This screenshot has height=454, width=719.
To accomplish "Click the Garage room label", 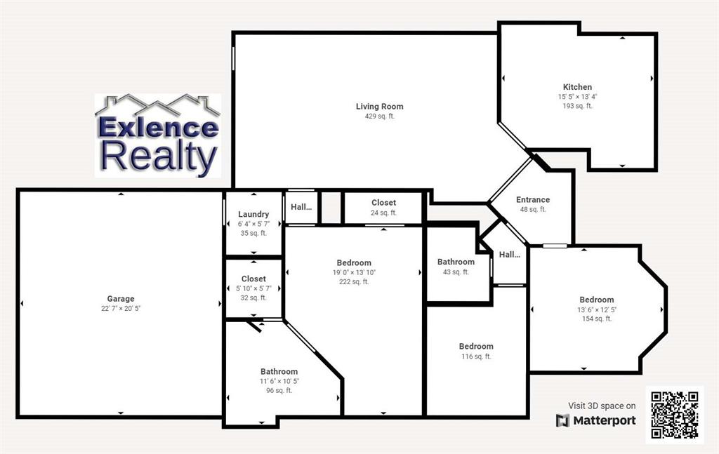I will coord(121,299).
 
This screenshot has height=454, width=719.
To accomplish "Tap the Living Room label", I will coord(379,107).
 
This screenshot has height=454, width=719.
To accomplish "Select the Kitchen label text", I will coord(577,87).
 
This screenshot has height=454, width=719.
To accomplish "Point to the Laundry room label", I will coord(253,214).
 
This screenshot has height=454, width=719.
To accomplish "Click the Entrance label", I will coord(533,200).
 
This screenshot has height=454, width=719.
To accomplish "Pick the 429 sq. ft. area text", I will coord(379,116).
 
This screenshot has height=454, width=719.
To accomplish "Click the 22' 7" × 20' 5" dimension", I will coord(121,309).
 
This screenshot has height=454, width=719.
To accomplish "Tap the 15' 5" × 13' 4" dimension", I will coord(577,97).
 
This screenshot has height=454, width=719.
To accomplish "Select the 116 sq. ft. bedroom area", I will coord(476,356).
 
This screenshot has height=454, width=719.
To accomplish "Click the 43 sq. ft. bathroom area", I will coord(456,272).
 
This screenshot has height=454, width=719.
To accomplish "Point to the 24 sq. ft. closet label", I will coord(383,213).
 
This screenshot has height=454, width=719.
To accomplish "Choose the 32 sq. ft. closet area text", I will coord(253,298).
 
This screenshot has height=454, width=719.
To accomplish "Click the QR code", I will coord(674,415).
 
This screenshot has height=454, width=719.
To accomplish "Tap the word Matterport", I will coord(605,420).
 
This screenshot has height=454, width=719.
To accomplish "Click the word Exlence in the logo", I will coord(158,128).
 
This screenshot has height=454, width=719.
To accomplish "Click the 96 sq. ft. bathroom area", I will coord(279,391).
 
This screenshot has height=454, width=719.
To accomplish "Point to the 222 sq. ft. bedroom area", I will coord(353,282).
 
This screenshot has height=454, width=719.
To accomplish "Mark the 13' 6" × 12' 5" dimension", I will coord(597,309).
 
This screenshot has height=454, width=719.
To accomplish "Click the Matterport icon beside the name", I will coord(562,420).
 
